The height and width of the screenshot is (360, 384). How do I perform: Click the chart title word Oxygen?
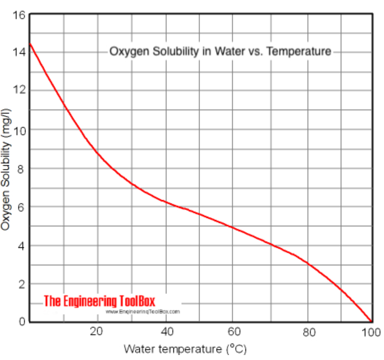click(x=126, y=52)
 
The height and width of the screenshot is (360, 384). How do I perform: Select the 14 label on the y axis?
click(x=19, y=52)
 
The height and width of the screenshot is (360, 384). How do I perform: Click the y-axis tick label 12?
click(x=19, y=90)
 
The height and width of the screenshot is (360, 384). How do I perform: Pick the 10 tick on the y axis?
click(x=19, y=131)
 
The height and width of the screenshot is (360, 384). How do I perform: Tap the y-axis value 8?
click(x=22, y=169)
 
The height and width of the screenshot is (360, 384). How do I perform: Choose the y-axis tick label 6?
click(x=22, y=207)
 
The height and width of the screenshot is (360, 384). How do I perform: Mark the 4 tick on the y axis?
click(x=22, y=246)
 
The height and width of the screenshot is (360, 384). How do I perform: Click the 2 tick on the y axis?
click(x=22, y=284)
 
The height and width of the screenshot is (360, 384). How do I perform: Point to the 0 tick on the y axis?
click(x=22, y=321)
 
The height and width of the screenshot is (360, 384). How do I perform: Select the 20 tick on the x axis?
click(x=97, y=332)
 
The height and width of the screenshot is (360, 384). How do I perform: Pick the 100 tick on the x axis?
click(x=370, y=332)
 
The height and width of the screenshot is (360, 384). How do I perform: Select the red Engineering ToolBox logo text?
click(x=99, y=301)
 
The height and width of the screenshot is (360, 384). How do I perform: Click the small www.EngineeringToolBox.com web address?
click(x=143, y=312)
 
